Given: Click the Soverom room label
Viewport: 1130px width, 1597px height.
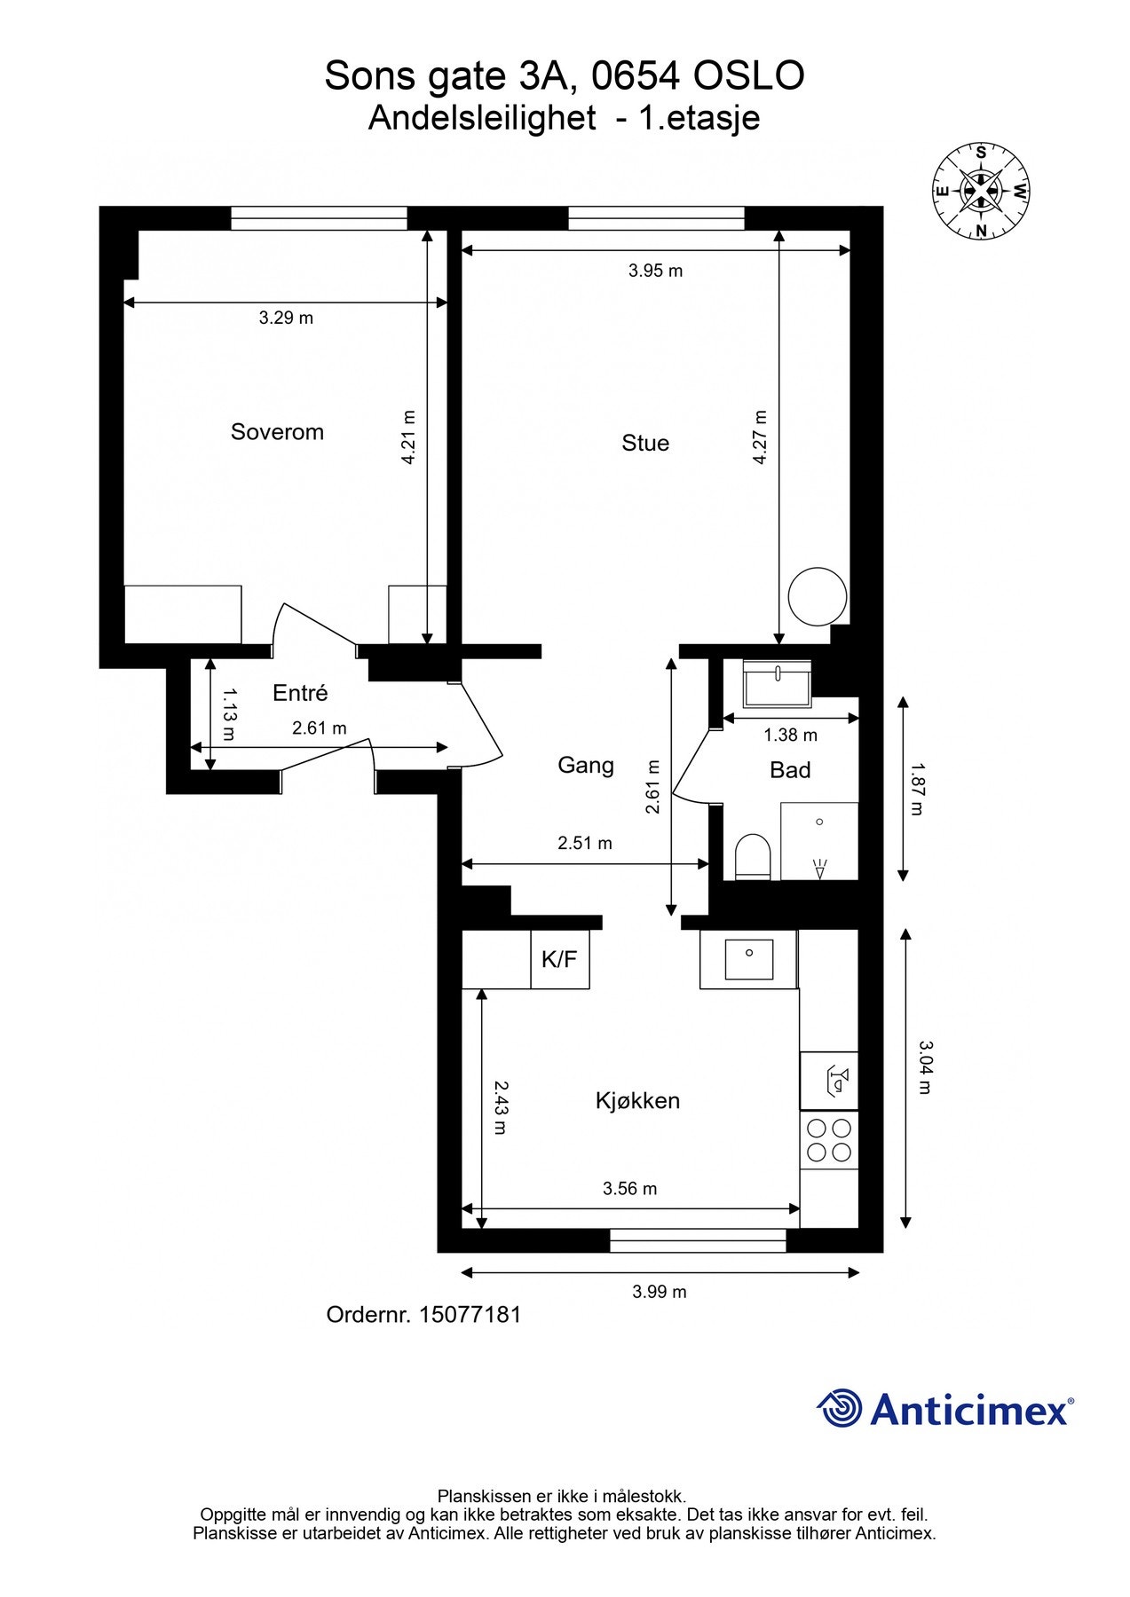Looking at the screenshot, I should tap(277, 432).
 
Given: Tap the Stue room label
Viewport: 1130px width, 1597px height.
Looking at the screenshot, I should tap(645, 443).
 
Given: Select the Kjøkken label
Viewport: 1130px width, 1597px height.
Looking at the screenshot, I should tap(637, 1101).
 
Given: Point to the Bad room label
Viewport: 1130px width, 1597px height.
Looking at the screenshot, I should tap(790, 770).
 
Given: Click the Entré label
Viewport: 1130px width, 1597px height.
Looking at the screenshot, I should tap(300, 693).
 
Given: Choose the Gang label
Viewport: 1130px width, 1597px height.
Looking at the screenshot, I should tap(586, 765).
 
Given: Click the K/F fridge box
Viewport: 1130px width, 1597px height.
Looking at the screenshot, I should tap(559, 959).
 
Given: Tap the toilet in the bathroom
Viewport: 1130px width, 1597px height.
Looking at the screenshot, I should tap(752, 856).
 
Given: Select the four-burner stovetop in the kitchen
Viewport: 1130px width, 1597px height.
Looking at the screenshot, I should tap(828, 1140).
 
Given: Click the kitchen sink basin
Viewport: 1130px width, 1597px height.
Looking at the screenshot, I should tap(749, 958).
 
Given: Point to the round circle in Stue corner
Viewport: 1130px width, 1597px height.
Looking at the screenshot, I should tap(817, 595).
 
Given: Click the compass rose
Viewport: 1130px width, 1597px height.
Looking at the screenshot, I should tap(981, 192).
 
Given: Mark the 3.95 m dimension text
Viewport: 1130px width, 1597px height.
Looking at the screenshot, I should tap(655, 271).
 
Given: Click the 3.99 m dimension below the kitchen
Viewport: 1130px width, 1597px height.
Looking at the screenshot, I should tap(659, 1292).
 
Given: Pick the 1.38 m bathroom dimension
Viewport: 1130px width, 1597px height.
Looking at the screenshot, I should tap(790, 735).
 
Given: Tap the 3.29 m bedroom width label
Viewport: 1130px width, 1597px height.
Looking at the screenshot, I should tap(286, 318).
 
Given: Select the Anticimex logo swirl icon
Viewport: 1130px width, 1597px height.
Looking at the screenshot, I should tap(839, 1408).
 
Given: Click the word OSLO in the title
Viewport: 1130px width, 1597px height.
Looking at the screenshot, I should tap(747, 76).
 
